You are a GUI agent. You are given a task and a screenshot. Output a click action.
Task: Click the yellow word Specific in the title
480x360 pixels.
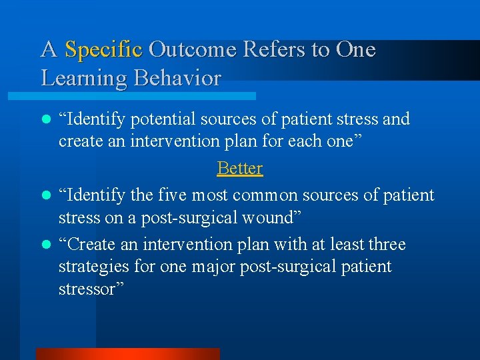103,50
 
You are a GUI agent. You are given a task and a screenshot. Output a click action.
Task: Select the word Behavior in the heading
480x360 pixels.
177,79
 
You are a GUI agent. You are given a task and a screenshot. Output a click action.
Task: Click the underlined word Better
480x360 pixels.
240,168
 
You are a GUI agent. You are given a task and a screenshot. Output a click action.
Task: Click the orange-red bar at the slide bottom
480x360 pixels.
127,354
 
